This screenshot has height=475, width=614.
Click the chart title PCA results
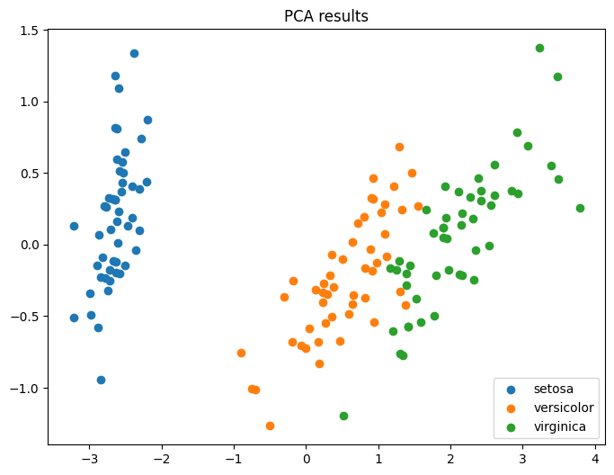tap(325, 16)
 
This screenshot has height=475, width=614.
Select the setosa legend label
tap(551, 390)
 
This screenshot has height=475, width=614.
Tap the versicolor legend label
tap(559, 408)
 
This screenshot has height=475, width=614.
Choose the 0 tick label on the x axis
tap(306, 458)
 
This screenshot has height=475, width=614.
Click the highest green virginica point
tap(539, 48)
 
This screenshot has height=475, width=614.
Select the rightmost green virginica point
tap(580, 208)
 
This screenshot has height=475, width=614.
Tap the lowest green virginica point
tap(343, 416)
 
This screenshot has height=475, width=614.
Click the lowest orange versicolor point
tap(270, 426)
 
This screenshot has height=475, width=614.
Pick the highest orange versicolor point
tap(399, 147)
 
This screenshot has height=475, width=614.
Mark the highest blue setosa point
tap(134, 53)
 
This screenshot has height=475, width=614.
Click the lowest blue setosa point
tap(101, 380)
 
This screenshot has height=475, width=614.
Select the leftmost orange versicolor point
tap(241, 353)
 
